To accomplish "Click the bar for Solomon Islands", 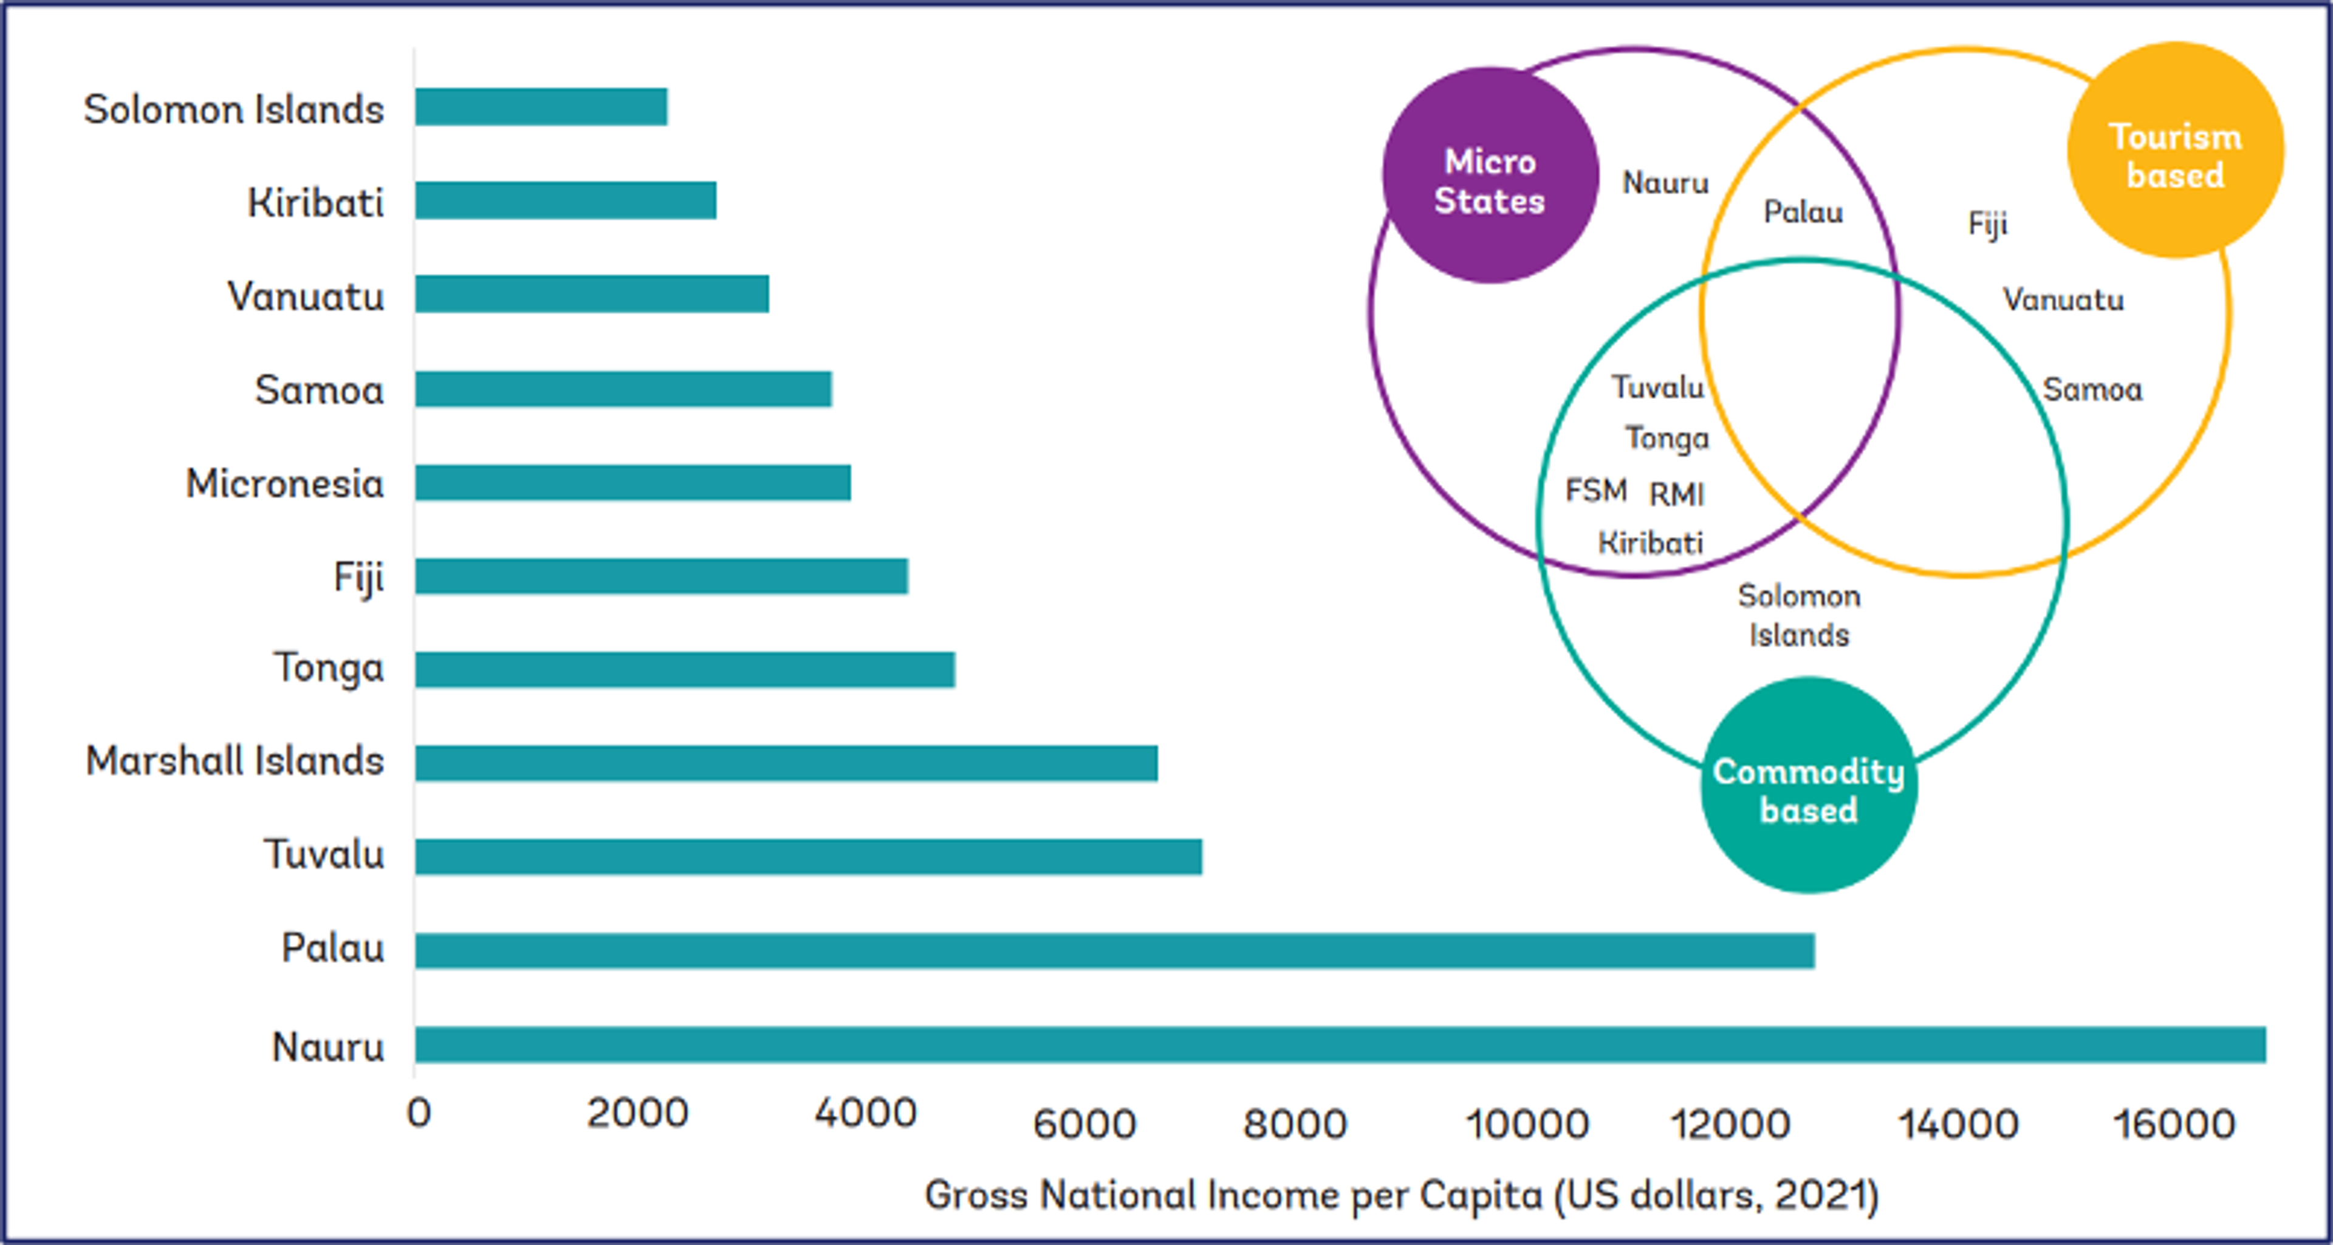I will coord(541,107).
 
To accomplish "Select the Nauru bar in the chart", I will coord(1340,1044).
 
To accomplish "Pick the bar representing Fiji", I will coord(661,576).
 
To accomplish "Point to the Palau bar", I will coord(1114,950).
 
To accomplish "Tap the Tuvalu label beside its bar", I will coord(323,854).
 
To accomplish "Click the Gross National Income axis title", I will coord(1401,1195).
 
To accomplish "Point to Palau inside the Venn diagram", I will coord(1802,213).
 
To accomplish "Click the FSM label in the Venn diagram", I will coord(1596,491).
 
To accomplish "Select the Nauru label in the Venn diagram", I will coord(1665,183).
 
